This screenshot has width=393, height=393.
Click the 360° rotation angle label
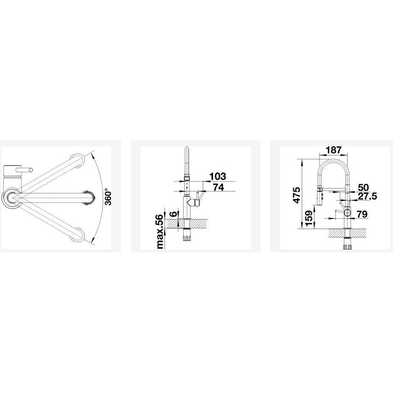108,197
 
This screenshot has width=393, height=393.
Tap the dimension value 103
217,176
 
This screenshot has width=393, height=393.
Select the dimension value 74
218,187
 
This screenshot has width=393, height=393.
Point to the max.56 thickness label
160,228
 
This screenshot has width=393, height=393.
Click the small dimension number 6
173,214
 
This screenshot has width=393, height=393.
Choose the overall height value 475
297,195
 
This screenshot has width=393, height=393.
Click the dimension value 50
363,187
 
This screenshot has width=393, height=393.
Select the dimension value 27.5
367,196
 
